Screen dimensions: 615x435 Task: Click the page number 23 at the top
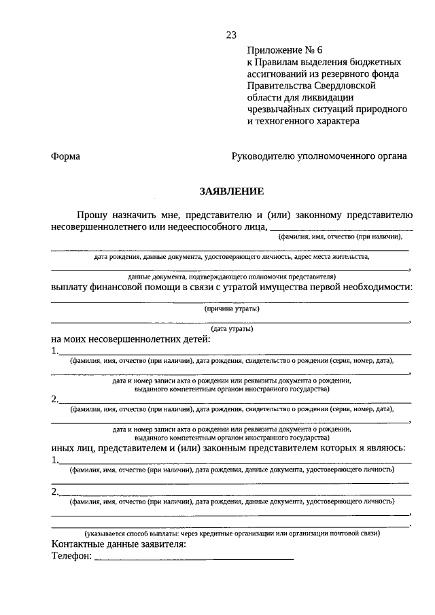(x=230, y=36)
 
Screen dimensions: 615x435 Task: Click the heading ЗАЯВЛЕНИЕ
(x=230, y=192)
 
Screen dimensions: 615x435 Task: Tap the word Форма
(x=65, y=156)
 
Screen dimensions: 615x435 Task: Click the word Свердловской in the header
(x=345, y=86)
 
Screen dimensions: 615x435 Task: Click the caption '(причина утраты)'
(x=232, y=309)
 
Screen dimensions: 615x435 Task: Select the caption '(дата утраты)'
(x=232, y=329)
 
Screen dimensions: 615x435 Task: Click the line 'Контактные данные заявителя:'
(x=118, y=544)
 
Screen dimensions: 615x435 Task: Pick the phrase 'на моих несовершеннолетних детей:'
(x=130, y=339)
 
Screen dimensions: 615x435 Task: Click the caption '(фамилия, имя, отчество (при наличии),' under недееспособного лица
(x=340, y=237)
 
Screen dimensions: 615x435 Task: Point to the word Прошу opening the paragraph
(x=90, y=215)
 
